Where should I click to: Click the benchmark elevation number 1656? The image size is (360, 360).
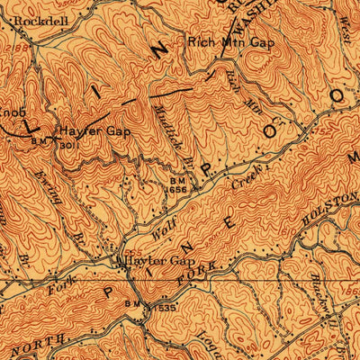pyautogui.click(x=176, y=190)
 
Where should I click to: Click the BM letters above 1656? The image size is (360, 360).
pyautogui.click(x=176, y=180)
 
